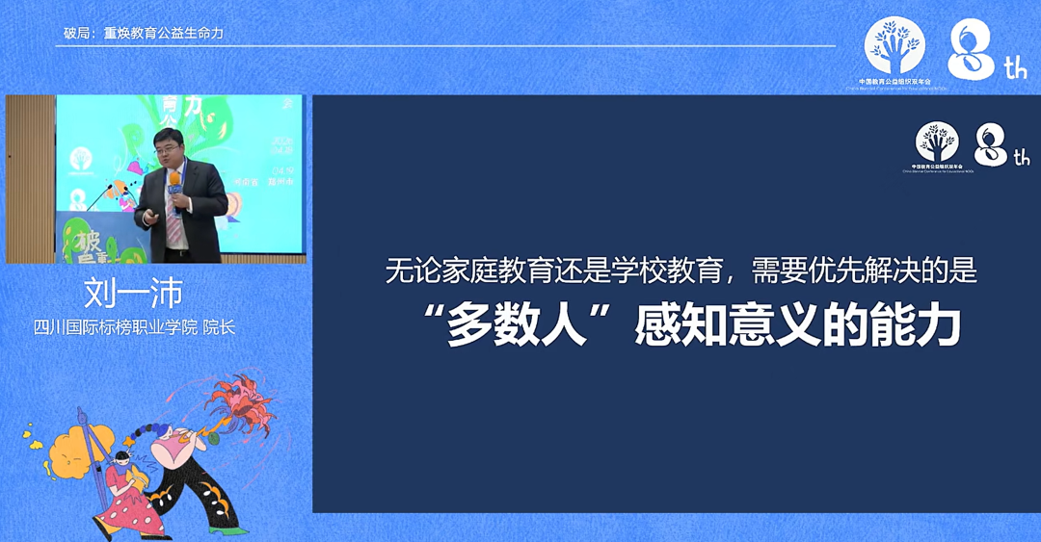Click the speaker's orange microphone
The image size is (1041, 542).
coord(174,180)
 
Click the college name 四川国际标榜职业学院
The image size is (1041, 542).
coord(115,327)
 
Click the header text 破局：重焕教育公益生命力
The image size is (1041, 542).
coord(144,34)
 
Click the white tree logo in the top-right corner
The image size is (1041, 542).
coord(894,45)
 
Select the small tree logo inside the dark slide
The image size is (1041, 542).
coord(937,142)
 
